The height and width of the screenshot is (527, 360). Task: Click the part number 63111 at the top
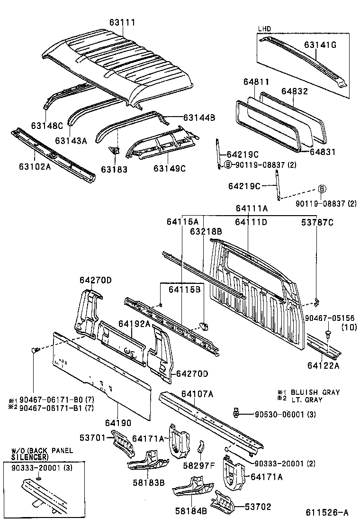tap(123, 22)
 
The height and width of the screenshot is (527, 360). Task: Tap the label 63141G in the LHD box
tap(320, 45)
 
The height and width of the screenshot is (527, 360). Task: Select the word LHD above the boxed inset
tap(264, 29)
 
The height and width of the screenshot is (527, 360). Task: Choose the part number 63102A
tap(35, 167)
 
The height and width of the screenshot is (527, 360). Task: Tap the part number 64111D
tap(251, 222)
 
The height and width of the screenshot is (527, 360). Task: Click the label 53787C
tap(317, 222)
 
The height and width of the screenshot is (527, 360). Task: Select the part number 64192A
tap(134, 324)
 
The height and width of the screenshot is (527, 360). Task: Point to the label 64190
tap(118, 422)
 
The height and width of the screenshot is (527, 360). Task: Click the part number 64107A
tap(197, 394)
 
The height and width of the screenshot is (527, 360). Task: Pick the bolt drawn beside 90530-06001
tap(236, 412)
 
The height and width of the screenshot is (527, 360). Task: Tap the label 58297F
tap(199, 465)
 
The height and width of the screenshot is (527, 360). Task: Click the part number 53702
tap(258, 507)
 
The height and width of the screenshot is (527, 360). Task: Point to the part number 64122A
tap(323, 365)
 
